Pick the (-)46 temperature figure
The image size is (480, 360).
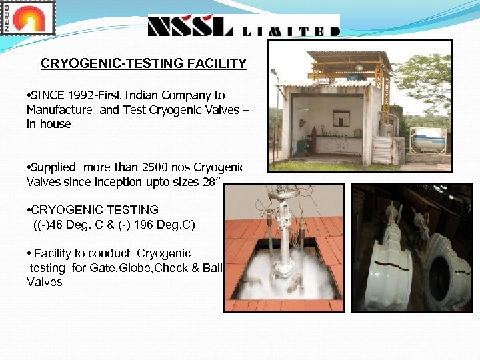click(50, 225)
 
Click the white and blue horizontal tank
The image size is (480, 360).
click(427, 140)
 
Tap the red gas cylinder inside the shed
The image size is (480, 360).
click(301, 143)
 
